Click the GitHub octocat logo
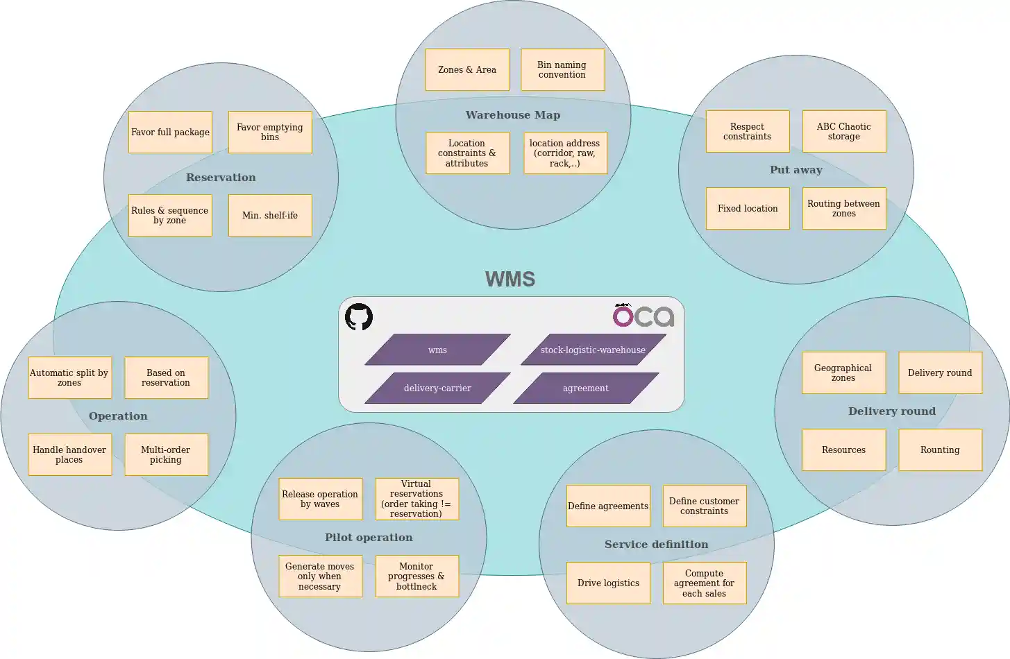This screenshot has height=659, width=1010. [359, 317]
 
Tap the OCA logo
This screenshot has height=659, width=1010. [643, 316]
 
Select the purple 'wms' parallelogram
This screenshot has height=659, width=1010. [437, 350]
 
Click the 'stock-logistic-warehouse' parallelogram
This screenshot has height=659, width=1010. [593, 350]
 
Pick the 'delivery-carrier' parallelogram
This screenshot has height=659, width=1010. [437, 388]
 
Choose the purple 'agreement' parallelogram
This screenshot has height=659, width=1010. [585, 388]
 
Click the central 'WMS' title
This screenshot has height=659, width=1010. [510, 279]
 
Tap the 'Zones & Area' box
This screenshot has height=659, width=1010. [467, 69]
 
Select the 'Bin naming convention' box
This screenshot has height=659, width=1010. [562, 69]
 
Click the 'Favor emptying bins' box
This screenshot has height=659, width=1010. [270, 132]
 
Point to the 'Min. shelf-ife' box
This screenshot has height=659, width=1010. [270, 215]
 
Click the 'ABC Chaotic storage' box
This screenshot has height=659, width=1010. [844, 131]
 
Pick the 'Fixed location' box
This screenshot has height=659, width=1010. [748, 208]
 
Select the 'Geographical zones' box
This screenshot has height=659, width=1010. [843, 373]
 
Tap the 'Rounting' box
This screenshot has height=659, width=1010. [940, 450]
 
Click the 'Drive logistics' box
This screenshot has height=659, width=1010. [608, 583]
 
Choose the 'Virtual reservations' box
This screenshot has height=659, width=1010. [416, 499]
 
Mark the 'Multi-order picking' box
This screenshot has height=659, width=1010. [166, 454]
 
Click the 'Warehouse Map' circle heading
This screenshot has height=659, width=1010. [513, 115]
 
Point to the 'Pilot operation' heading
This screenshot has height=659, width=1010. [369, 538]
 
